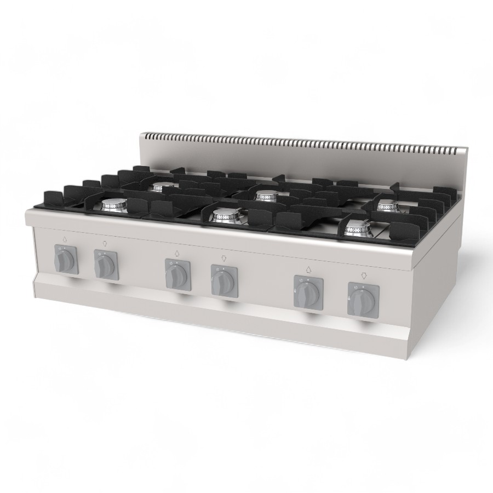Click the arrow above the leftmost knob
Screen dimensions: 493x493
pyautogui.click(x=65, y=238)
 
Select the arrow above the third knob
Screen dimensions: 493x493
pyautogui.click(x=177, y=253)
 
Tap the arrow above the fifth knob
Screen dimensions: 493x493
pyautogui.click(x=307, y=268)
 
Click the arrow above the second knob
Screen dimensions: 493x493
pyautogui.click(x=105, y=243)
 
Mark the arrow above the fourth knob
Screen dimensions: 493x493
pyautogui.click(x=223, y=258)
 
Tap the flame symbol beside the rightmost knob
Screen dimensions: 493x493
pyautogui.click(x=349, y=298)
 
